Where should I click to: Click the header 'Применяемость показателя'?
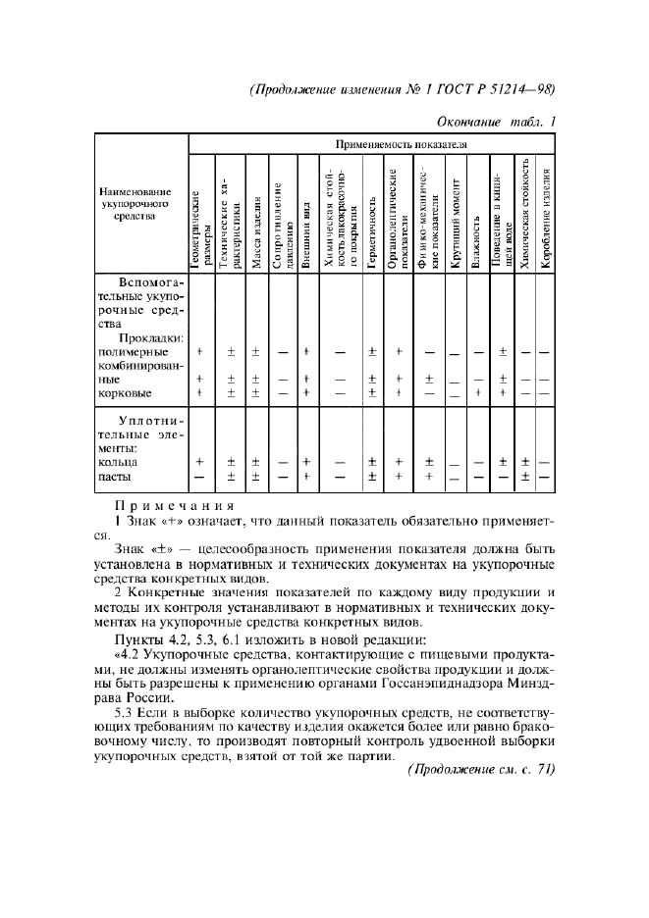coord(373,144)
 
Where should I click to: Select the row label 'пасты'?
coord(116,477)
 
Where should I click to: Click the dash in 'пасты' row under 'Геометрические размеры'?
coord(200,477)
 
